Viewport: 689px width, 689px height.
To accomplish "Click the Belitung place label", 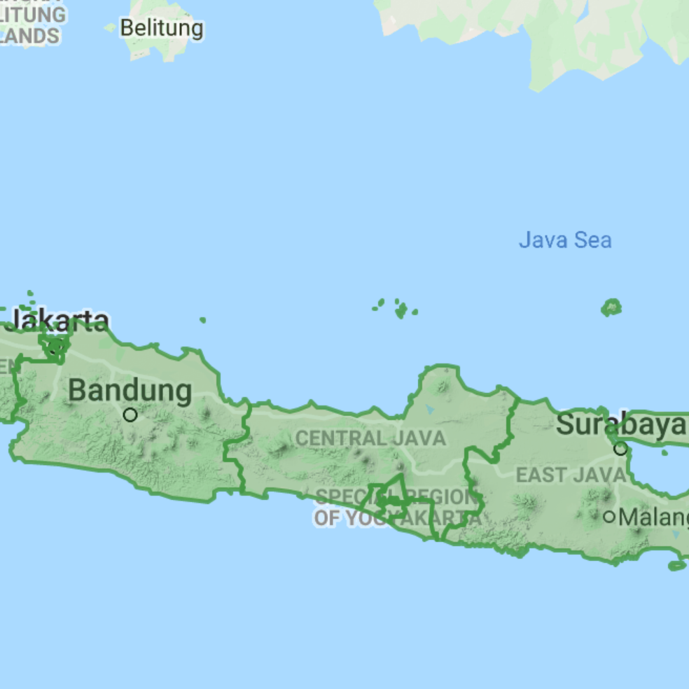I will coord(162,29).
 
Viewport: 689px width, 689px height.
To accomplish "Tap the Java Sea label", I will coord(565,240).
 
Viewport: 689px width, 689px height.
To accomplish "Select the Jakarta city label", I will coord(60,321).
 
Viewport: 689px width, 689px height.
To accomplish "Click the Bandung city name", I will coord(130,391).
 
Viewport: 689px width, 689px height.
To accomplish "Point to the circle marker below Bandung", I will coord(130,415).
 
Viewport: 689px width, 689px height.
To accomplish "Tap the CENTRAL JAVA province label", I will coord(370,438).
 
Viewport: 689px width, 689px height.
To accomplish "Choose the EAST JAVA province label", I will coord(571,475).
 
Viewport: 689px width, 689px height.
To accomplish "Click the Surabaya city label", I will coord(621,424).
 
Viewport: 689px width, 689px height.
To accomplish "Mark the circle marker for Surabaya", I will coord(620,448).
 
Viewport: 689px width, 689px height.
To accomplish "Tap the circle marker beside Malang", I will coord(610,517).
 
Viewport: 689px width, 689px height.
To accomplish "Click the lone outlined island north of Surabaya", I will coord(611,307).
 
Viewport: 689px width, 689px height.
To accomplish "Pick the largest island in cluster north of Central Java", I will coord(401,310).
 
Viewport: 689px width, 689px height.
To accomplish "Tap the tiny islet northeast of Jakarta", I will coord(202,320).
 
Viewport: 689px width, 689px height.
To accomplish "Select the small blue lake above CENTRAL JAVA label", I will coord(429,410).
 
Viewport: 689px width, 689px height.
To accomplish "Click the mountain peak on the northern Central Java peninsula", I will coord(443,384).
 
